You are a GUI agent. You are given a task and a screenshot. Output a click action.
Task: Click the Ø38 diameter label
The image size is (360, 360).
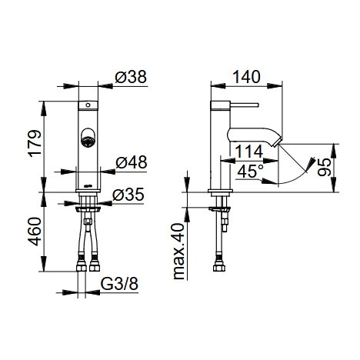coord(131,77)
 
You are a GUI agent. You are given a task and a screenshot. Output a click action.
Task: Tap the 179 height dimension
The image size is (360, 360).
coord(35,144)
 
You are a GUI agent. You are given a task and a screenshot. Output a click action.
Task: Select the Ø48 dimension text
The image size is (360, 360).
coord(132,162)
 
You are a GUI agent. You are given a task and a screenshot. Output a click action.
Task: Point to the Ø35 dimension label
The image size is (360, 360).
coord(128,195)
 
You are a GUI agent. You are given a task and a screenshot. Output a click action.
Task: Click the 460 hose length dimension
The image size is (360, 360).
coord(35,232)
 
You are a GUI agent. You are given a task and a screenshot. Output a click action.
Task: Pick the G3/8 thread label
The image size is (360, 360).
coord(119,284)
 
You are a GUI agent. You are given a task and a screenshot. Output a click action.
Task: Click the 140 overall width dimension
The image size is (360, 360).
coord(246,77)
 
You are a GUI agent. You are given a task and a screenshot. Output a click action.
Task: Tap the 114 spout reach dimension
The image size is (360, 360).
coord(249,152)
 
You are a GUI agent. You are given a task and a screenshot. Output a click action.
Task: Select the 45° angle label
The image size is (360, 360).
coord(251,171)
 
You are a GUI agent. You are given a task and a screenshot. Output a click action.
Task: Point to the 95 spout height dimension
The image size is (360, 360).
coord(324,167)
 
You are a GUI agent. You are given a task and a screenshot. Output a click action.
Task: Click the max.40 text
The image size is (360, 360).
coord(179,252)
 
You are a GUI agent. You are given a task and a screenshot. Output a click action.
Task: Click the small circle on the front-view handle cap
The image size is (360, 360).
coord(88,105)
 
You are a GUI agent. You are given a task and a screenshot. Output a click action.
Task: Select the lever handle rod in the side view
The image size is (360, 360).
coord(244,105)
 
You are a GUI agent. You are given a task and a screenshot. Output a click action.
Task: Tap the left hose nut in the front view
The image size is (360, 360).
coord(82,268)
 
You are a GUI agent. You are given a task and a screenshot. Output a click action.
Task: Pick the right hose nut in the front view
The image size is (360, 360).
coord(95,268)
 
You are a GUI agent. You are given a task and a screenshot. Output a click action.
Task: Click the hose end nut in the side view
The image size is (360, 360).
coord(219,268)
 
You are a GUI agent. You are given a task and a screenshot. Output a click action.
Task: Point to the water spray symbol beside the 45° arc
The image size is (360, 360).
coord(310,164)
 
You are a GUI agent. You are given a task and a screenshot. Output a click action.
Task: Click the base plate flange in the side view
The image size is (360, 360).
coord(221,191)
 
